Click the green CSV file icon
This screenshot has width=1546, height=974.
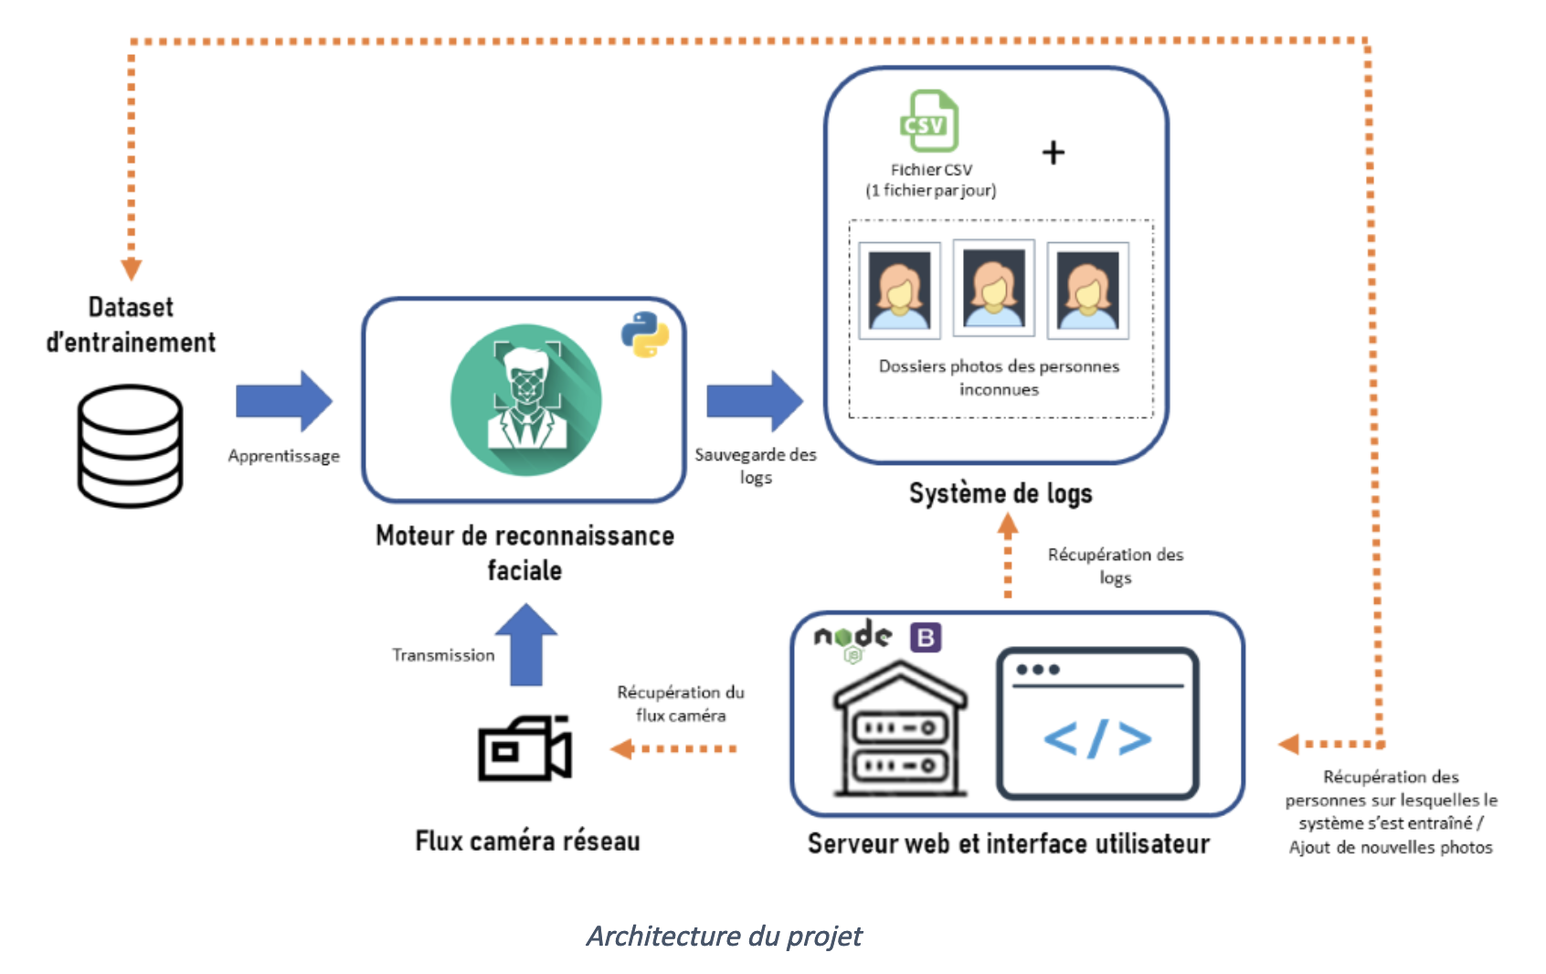[x=929, y=122]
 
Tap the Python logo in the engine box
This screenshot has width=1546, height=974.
[x=645, y=334]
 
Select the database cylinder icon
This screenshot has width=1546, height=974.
[x=130, y=446]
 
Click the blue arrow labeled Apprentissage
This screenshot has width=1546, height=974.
[x=284, y=401]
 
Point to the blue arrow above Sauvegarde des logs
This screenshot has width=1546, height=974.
[x=755, y=401]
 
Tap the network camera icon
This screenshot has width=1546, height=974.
[x=525, y=748]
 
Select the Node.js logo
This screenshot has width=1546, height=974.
[x=852, y=638]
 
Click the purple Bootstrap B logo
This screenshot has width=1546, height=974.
[x=926, y=637]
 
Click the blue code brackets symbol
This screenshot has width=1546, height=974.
[x=1097, y=737]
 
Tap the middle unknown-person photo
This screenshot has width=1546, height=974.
[x=993, y=288]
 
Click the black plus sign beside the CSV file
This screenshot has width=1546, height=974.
[x=1054, y=152]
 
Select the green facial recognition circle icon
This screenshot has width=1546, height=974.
[x=526, y=399]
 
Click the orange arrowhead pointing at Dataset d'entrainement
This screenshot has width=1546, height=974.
[x=132, y=269]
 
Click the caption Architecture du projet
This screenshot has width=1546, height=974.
[x=724, y=936]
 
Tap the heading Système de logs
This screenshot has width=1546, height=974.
[x=1001, y=493]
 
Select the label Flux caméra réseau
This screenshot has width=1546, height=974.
[x=527, y=841]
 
